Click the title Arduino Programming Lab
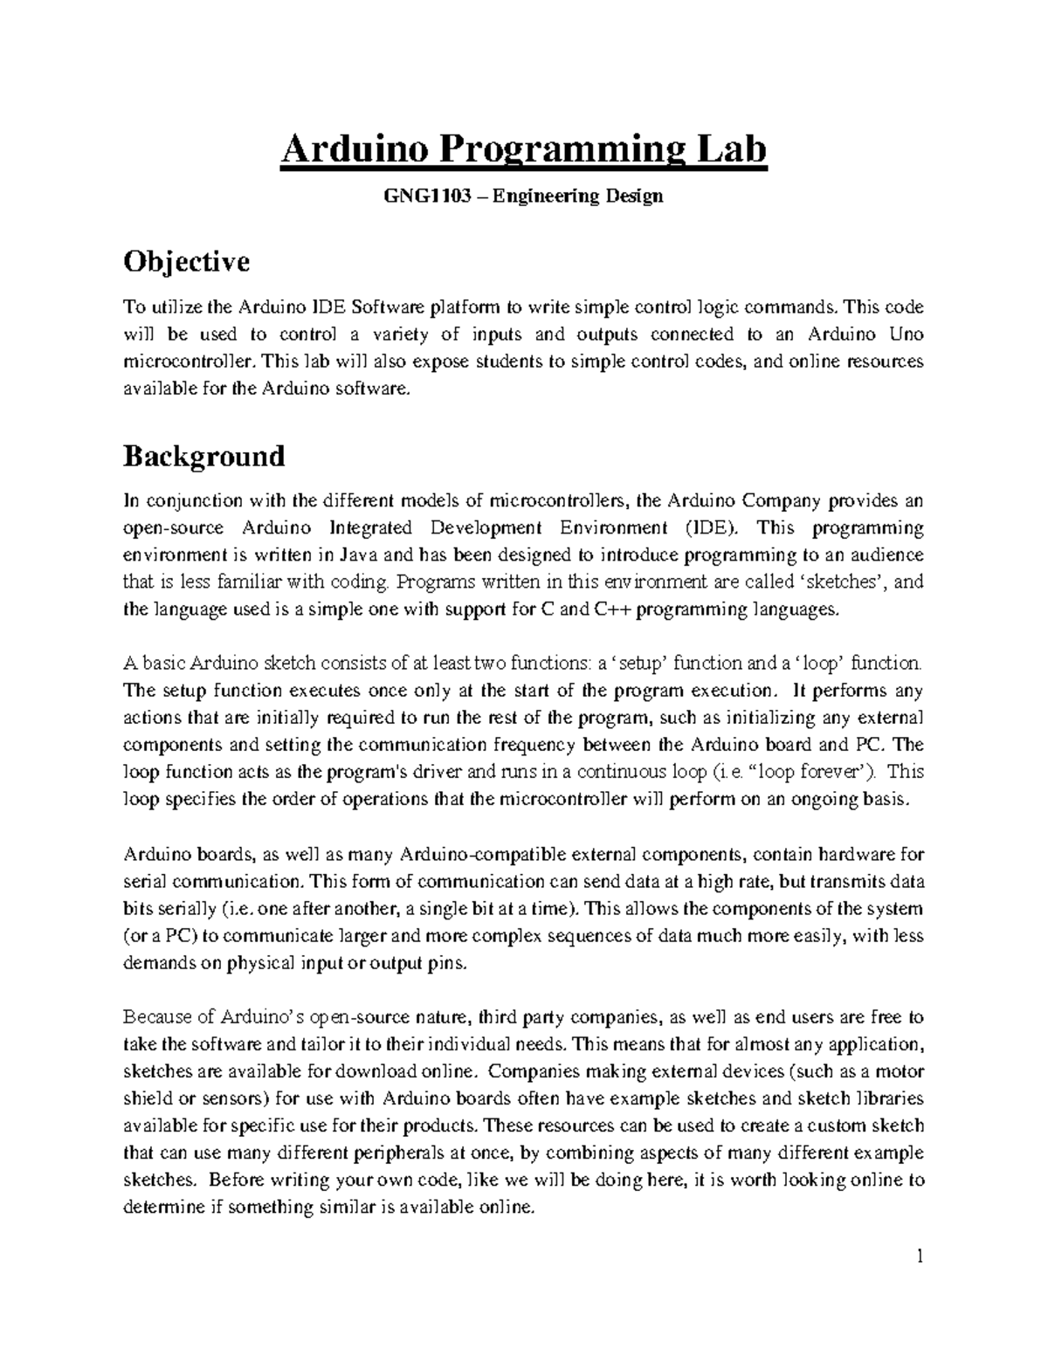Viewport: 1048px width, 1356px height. click(523, 150)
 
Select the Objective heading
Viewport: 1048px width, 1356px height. click(187, 261)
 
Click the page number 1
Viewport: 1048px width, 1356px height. click(920, 1257)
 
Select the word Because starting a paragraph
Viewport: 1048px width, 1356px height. click(156, 1017)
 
